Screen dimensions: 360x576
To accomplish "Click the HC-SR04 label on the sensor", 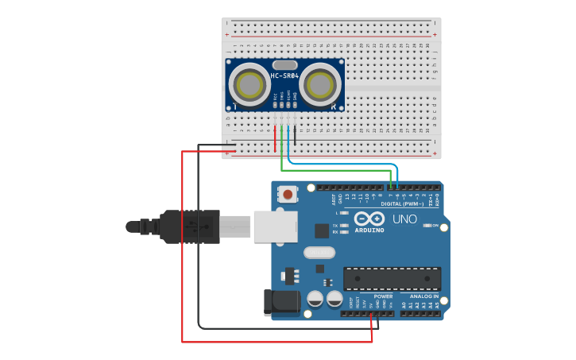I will [x=284, y=76].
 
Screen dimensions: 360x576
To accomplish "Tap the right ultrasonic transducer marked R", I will [x=319, y=83].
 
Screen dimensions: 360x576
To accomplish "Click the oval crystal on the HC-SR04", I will [x=284, y=64].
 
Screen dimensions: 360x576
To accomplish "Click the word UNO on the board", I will [x=405, y=219].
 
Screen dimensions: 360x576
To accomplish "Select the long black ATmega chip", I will [x=392, y=279].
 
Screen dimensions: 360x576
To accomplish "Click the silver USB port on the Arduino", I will [x=275, y=226].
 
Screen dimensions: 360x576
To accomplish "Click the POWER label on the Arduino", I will [x=383, y=296].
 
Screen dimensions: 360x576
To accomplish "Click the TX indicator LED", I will [x=343, y=226].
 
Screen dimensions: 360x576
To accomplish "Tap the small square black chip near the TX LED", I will [x=322, y=231].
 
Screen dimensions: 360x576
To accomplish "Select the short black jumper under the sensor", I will [x=295, y=135].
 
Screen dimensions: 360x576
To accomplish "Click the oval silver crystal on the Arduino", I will [x=319, y=253].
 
